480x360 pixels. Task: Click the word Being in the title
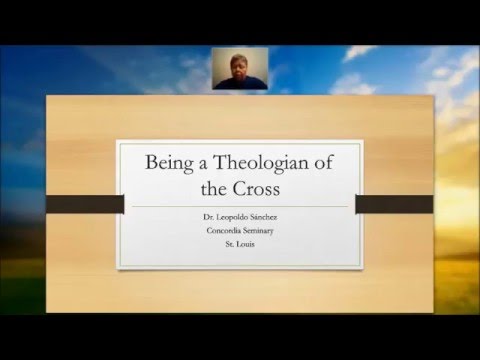tap(172, 161)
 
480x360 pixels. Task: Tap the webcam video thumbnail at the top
tap(240, 67)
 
